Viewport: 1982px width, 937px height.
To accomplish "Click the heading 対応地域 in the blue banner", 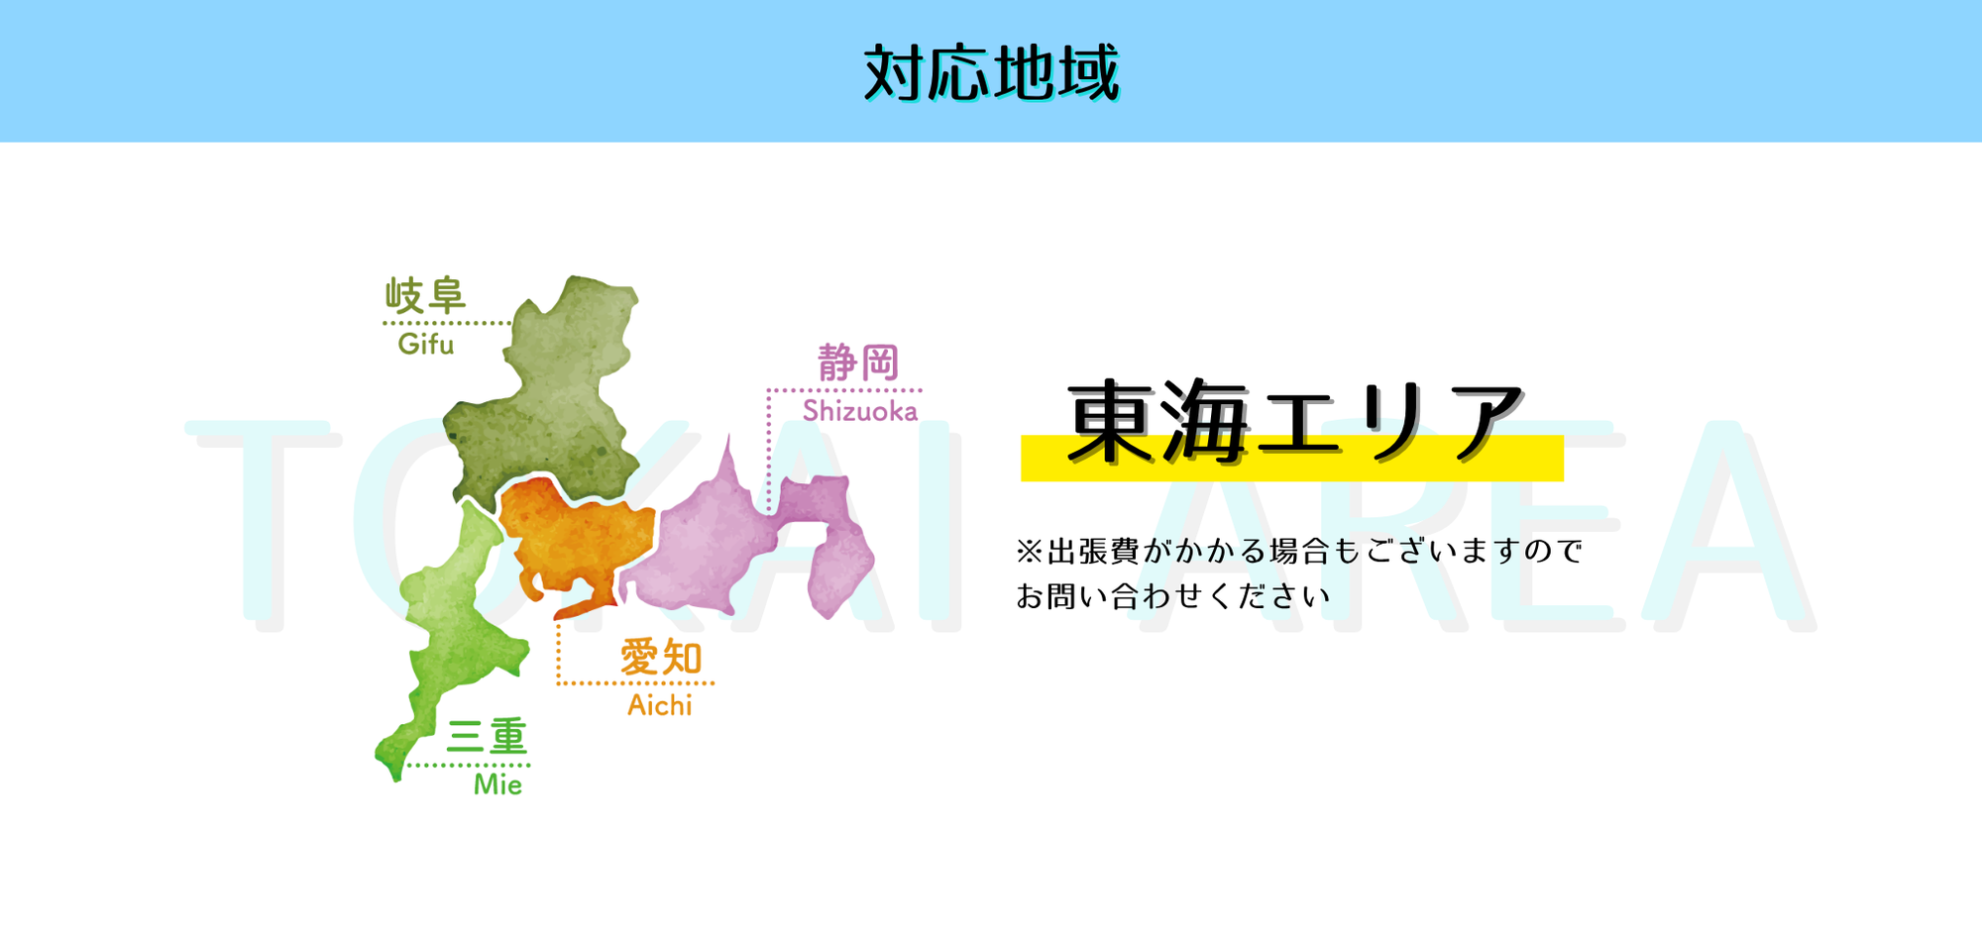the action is [991, 72].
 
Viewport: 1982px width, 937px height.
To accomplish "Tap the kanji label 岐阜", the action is [425, 295].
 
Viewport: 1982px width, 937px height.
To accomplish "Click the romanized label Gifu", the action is [426, 344].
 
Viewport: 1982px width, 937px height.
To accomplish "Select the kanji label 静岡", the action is [858, 363].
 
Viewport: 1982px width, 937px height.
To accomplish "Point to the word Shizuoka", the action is [860, 410].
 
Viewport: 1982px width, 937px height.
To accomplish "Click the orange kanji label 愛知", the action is [661, 658].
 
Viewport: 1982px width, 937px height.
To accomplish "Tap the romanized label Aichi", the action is [660, 705].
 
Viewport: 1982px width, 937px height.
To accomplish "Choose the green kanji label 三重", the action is [487, 737].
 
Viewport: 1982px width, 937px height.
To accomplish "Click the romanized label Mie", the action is [497, 784].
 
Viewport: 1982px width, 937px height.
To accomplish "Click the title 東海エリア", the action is [1294, 422].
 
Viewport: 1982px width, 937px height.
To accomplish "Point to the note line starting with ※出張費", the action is [1299, 551].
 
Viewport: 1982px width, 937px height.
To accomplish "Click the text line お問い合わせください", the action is [1173, 596].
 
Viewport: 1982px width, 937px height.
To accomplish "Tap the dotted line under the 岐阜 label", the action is [448, 323].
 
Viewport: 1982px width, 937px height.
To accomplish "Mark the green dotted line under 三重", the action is [469, 765].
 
